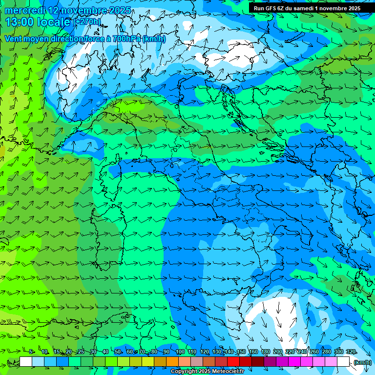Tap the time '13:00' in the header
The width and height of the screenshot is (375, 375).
coord(20,22)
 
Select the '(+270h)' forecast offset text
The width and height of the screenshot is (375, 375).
coord(87,22)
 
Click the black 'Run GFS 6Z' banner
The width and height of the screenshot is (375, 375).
coord(307,8)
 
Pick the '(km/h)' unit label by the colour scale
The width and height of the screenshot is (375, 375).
coord(362,362)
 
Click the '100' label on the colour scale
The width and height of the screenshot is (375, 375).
coord(180,352)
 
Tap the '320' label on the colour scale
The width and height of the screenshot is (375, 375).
coord(351,352)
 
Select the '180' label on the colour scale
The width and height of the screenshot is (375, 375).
coord(266,352)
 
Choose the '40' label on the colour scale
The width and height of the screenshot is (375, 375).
coord(105,352)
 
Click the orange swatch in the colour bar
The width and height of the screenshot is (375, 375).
coord(172,362)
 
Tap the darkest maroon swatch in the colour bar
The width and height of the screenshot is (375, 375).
coord(258,362)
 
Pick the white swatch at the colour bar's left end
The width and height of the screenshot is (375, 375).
coord(26,362)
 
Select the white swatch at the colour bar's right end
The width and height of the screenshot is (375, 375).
coord(343,362)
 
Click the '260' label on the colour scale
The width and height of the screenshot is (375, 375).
coord(314,352)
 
